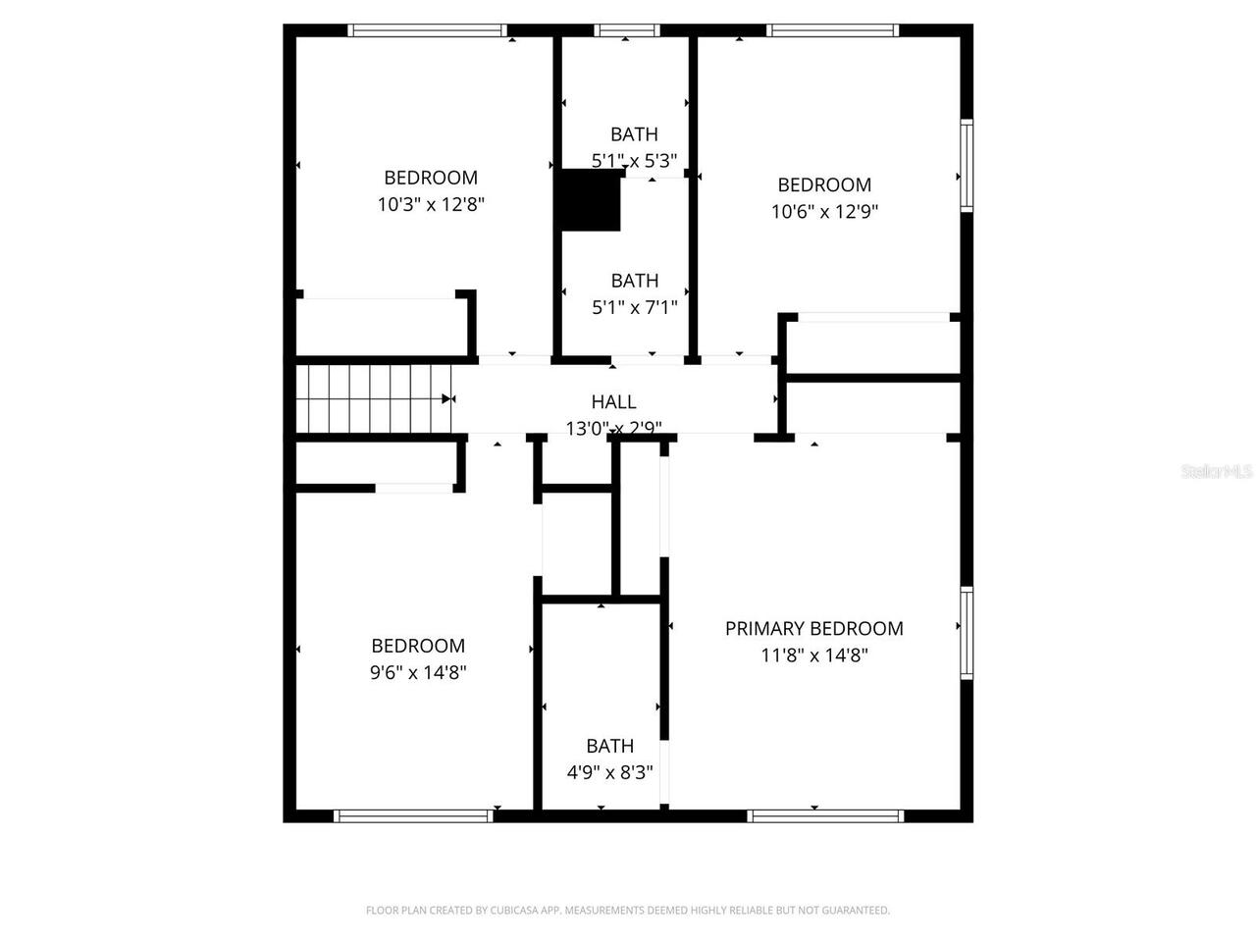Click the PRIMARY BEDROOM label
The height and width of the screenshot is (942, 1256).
click(813, 629)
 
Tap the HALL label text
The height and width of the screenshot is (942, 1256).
click(613, 401)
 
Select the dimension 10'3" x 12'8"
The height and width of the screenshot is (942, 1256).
click(431, 205)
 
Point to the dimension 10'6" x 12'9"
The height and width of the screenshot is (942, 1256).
click(824, 212)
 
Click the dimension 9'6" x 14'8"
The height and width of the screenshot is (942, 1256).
click(418, 673)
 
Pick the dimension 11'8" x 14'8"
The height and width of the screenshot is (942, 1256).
click(814, 655)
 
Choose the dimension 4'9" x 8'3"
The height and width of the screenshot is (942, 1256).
click(609, 772)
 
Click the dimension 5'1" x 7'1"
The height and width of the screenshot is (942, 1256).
click(634, 308)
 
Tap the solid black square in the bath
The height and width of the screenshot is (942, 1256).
click(590, 201)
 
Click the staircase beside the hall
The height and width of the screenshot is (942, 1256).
click(373, 398)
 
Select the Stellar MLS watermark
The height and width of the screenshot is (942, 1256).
click(1217, 472)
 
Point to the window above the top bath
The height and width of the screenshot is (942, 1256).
click(627, 30)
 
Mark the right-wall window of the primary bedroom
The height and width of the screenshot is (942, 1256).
click(967, 633)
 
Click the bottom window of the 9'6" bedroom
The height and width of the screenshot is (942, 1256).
click(413, 815)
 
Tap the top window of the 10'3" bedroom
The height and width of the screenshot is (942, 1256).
click(429, 30)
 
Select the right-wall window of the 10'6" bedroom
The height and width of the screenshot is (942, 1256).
click(967, 165)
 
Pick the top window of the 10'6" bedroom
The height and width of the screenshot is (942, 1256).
click(833, 30)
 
